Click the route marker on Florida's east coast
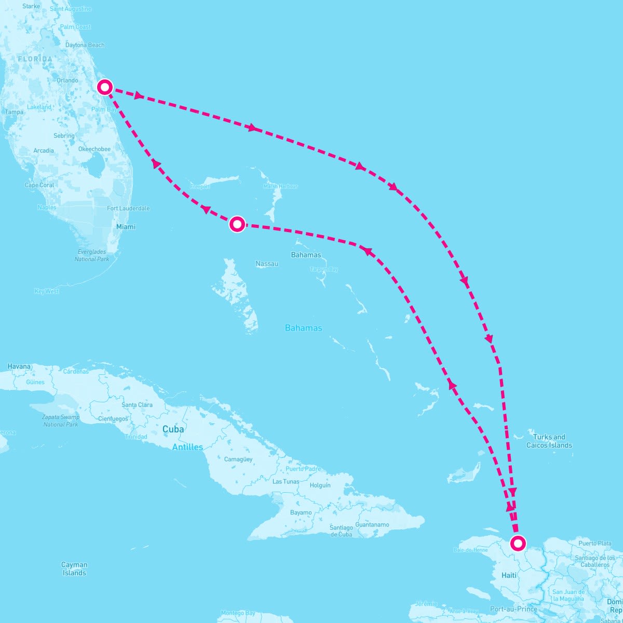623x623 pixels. point(105,87)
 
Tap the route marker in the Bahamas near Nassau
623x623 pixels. point(237,224)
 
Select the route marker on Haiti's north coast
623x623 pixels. point(518,543)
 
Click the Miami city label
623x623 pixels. point(126,226)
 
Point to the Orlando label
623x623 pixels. point(67,80)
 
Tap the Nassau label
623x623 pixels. point(267,264)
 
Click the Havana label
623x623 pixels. point(19,367)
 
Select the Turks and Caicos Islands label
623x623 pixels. point(549,441)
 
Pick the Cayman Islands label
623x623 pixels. point(74,568)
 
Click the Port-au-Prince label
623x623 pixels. point(514,609)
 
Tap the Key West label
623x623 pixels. point(47,291)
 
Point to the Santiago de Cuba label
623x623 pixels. point(341,531)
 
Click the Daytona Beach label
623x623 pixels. point(85,45)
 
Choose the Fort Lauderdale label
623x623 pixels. point(128,208)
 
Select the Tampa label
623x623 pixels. point(14,112)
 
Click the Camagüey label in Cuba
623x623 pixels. point(238,459)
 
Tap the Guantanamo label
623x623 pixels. point(372,524)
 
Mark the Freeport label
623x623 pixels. point(200,186)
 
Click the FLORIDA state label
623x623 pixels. point(35,59)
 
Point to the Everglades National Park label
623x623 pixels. point(92,255)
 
